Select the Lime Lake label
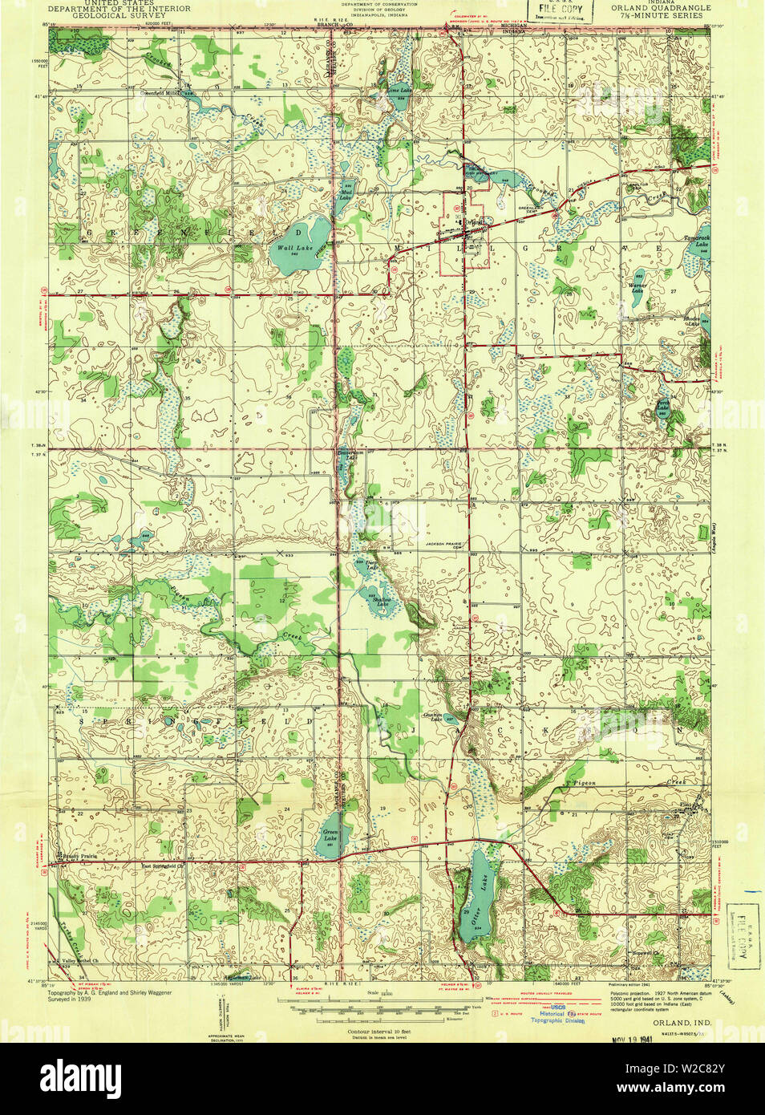[x=399, y=91]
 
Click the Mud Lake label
[x=346, y=193]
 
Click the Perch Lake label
[x=662, y=407]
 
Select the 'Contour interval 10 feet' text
[x=378, y=1029]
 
